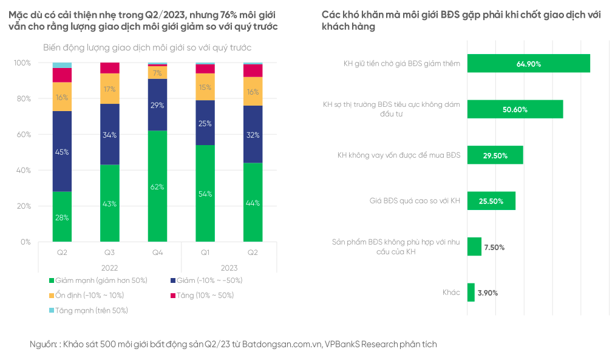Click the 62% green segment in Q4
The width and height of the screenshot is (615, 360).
(157, 186)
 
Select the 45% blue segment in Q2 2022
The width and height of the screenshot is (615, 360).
(62, 151)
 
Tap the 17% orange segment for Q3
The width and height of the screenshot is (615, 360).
(110, 89)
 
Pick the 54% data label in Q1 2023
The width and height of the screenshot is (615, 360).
(205, 194)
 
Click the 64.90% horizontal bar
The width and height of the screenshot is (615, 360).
(528, 63)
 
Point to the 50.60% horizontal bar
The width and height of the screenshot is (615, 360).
(515, 109)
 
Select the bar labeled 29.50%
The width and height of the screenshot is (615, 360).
(495, 155)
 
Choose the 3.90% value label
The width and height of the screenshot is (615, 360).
(488, 293)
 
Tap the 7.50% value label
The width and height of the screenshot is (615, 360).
(494, 247)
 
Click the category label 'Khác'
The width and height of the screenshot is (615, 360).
(451, 293)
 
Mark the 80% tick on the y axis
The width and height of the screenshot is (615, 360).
(22, 98)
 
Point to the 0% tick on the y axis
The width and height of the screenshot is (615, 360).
(25, 242)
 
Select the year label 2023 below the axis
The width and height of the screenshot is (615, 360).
(228, 267)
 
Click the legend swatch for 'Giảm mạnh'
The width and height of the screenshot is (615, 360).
(51, 280)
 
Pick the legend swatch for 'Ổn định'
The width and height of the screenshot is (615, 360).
(51, 296)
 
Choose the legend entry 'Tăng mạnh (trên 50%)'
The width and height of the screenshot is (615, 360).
(91, 310)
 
